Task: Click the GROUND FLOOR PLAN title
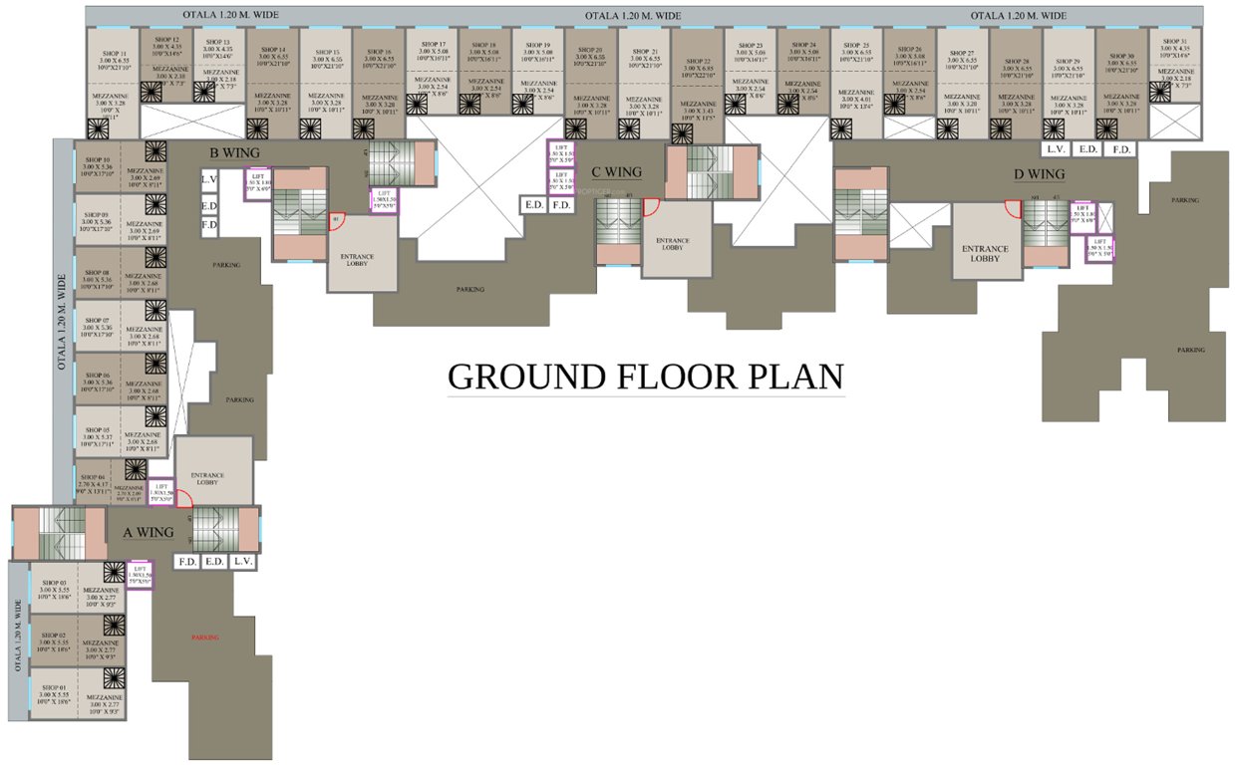click(645, 377)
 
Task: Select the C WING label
click(616, 171)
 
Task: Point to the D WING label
click(1039, 174)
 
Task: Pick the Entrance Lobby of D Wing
click(985, 253)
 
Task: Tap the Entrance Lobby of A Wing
click(207, 479)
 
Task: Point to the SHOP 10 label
click(97, 159)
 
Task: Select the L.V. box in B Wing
click(209, 179)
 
